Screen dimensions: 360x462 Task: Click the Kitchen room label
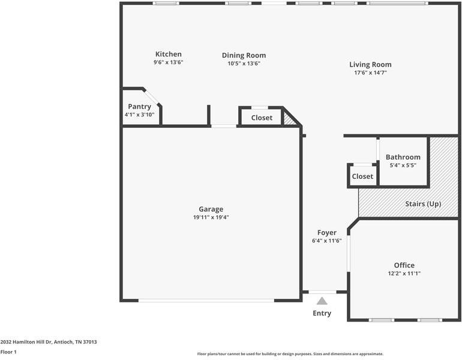point(168,54)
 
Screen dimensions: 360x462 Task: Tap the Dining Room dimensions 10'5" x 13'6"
point(244,63)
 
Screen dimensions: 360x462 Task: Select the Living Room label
point(370,64)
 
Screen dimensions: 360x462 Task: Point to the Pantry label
point(139,106)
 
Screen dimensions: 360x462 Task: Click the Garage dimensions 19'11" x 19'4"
point(211,217)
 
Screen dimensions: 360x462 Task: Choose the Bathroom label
point(403,157)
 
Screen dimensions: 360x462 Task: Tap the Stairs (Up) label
point(423,204)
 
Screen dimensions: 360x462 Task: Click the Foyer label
point(327,233)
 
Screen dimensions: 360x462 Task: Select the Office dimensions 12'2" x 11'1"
point(404,274)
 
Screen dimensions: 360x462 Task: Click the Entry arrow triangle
point(322,301)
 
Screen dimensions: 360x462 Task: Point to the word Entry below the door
point(322,313)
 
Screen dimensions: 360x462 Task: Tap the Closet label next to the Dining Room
point(262,118)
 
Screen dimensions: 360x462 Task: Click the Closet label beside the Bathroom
point(362,176)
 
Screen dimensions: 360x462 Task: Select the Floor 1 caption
point(8,352)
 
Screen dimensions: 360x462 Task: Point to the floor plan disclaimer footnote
point(290,354)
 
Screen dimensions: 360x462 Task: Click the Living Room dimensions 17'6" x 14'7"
point(370,73)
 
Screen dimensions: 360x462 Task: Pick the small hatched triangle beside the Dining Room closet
point(290,120)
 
